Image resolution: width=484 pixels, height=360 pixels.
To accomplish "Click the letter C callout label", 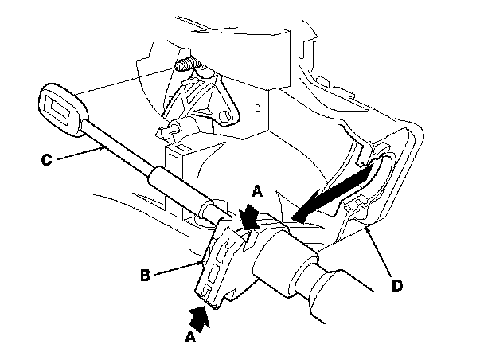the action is click(x=46, y=161).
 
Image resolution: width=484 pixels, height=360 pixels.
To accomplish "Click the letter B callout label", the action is click(x=145, y=276).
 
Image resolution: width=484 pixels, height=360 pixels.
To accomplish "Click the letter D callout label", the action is click(x=397, y=286).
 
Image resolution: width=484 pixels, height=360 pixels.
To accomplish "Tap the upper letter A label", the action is click(x=257, y=191).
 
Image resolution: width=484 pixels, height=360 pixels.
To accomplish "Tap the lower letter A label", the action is click(x=190, y=337).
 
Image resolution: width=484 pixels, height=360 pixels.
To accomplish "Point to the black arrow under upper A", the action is click(x=249, y=217).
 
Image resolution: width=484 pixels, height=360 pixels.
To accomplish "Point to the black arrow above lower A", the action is click(x=199, y=319).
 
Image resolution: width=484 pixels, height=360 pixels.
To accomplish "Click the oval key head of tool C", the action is click(x=64, y=109).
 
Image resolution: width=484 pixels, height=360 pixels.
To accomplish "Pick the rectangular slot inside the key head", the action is click(x=60, y=108).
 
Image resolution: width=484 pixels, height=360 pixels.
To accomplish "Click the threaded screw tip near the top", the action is click(x=187, y=65).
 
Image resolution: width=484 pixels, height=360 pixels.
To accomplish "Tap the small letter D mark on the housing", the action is click(x=258, y=108).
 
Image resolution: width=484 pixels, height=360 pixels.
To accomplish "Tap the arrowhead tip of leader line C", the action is click(x=105, y=147).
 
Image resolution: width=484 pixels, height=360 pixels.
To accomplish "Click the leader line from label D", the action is click(x=380, y=250).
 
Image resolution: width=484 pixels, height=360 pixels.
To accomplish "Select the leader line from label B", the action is click(x=179, y=268).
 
